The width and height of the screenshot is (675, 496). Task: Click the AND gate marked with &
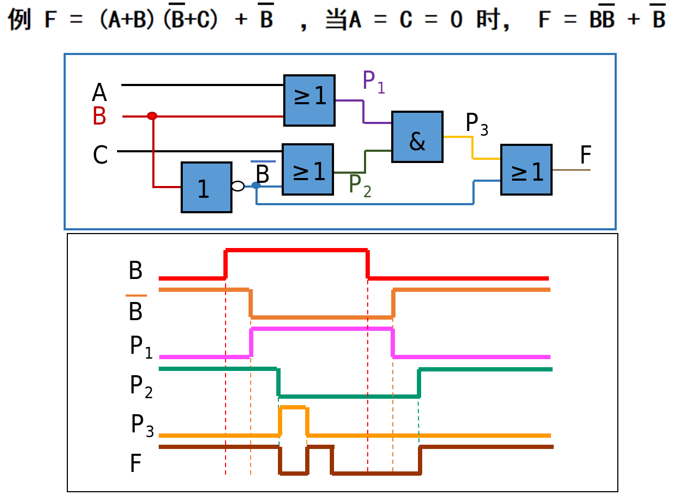[x=417, y=137]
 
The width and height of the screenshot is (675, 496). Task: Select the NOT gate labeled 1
[x=206, y=187]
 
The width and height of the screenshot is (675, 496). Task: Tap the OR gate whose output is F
[x=526, y=169]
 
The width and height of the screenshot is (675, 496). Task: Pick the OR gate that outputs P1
[x=309, y=100]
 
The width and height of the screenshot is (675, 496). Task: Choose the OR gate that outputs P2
[x=308, y=169]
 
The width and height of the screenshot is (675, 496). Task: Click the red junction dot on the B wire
[x=152, y=116]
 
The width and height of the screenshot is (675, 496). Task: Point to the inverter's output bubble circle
[x=238, y=186]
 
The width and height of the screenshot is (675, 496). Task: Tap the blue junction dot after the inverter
[x=256, y=185]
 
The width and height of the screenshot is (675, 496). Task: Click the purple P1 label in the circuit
[x=373, y=81]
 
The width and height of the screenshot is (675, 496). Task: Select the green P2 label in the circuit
[x=359, y=185]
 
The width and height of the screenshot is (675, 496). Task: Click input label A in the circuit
[x=99, y=93]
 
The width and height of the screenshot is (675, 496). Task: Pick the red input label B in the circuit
[x=99, y=117]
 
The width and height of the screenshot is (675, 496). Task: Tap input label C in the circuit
[x=100, y=156]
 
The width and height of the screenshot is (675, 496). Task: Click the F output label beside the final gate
[x=586, y=156]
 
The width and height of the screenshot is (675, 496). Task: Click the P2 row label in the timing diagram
[x=141, y=386]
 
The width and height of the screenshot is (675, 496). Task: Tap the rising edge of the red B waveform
[x=226, y=263]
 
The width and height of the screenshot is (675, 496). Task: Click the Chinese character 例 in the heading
[x=20, y=19]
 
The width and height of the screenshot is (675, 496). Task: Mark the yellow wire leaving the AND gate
[x=472, y=147]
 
